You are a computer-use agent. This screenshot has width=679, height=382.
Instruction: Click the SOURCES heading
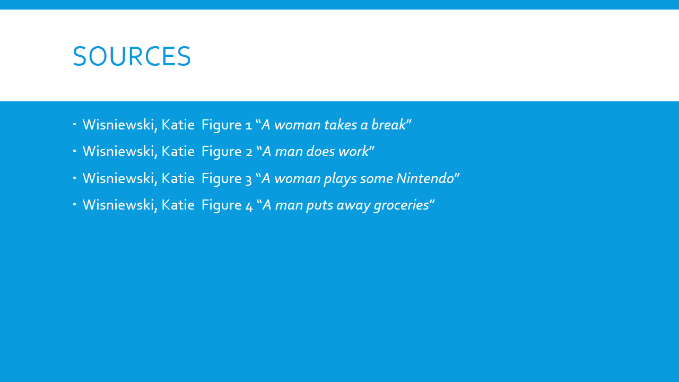click(132, 56)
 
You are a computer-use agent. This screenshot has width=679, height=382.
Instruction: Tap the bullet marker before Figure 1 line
click(75, 124)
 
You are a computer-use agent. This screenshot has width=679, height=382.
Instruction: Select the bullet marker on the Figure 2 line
click(75, 151)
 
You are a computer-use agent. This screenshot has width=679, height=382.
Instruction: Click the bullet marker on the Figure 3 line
click(75, 177)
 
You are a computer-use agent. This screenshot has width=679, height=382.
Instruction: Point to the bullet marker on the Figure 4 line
click(75, 204)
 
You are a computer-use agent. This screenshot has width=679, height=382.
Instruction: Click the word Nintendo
click(425, 178)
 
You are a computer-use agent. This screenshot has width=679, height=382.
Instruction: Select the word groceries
click(402, 205)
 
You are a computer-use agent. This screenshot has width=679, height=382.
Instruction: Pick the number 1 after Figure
click(249, 126)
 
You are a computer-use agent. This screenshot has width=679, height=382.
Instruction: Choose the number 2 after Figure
click(249, 152)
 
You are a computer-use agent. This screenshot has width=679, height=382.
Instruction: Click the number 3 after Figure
click(249, 179)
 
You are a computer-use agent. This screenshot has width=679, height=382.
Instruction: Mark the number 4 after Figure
click(249, 206)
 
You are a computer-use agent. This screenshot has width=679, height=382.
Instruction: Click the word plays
click(340, 179)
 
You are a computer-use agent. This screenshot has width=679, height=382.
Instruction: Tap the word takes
click(341, 125)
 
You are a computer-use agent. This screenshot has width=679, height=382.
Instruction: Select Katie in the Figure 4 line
click(178, 205)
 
